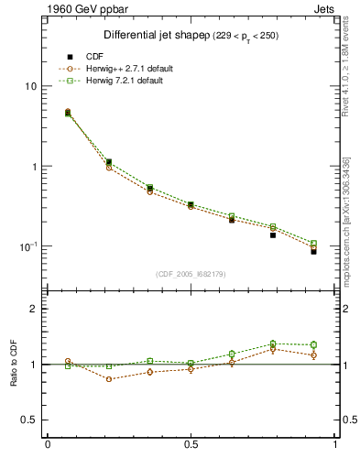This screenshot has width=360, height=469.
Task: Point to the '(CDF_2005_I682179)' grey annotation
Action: (191, 274)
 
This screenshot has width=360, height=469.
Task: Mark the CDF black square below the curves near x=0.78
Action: (273, 235)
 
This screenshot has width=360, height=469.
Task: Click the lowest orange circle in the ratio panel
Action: (109, 379)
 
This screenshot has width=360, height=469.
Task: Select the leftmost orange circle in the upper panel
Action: (68, 112)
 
